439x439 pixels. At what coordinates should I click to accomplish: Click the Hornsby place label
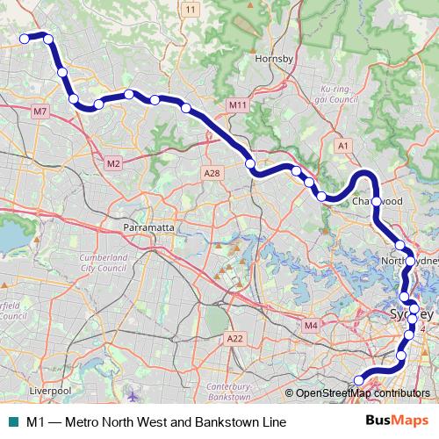[267, 59]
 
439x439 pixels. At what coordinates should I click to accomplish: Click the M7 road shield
[40, 112]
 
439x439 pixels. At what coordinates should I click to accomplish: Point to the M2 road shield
[113, 163]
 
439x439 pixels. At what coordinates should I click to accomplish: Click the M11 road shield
[237, 105]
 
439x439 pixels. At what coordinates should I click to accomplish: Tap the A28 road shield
[211, 174]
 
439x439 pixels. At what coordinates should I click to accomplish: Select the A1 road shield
[344, 145]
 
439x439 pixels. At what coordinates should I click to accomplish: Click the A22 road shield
[234, 338]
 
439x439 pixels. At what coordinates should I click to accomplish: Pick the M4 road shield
[310, 326]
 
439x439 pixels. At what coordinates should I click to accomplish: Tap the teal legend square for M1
[12, 422]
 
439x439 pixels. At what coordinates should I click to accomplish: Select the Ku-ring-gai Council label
[342, 94]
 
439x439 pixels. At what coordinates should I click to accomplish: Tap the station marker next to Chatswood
[376, 202]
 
